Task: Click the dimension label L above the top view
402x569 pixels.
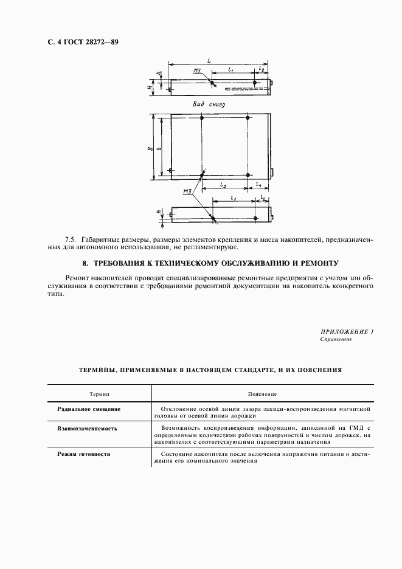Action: pos(209,61)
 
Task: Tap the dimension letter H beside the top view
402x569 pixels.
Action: pos(150,87)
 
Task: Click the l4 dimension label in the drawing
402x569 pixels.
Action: pos(258,184)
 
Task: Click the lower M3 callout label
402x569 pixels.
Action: pos(187,192)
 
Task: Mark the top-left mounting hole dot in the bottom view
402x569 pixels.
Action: pos(202,117)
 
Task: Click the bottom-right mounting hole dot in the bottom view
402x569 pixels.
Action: pos(248,176)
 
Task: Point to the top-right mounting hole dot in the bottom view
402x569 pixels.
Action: pos(248,117)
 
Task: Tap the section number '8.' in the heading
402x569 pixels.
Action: pos(86,263)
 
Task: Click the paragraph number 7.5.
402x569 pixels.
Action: pos(71,240)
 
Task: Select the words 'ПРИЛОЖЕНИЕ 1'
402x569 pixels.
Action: pos(346,332)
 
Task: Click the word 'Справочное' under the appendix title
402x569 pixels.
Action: pos(336,340)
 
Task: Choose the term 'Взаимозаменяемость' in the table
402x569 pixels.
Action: pos(87,429)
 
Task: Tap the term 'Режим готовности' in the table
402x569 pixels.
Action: pos(83,454)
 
